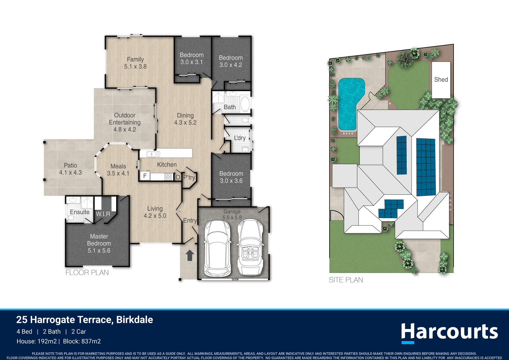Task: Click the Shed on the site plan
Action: pyautogui.click(x=441, y=80)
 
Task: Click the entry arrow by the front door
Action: pyautogui.click(x=190, y=256)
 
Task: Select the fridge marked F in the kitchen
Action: pyautogui.click(x=145, y=176)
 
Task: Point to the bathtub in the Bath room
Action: pyautogui.click(x=245, y=103)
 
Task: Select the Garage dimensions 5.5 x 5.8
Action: pyautogui.click(x=232, y=218)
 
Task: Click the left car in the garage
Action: pyautogui.click(x=217, y=248)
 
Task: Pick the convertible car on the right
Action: pyautogui.click(x=250, y=247)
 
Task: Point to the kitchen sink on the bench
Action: pyautogui.click(x=153, y=154)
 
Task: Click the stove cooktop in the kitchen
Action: pyautogui.click(x=168, y=177)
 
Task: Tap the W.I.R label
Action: pyautogui.click(x=103, y=214)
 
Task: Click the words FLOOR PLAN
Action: pyautogui.click(x=87, y=273)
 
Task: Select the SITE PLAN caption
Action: pyautogui.click(x=346, y=280)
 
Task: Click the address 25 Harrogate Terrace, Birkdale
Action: pyautogui.click(x=85, y=320)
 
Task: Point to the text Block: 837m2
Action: pyautogui.click(x=82, y=341)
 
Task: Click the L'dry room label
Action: pyautogui.click(x=240, y=138)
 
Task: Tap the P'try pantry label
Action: pyautogui.click(x=189, y=177)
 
